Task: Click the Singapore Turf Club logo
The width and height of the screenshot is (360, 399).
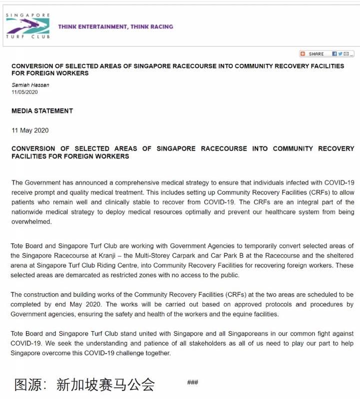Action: pyautogui.click(x=27, y=26)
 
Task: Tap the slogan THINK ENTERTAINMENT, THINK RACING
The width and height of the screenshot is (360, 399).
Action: pyautogui.click(x=115, y=27)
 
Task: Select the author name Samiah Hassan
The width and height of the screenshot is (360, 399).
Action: pyautogui.click(x=30, y=85)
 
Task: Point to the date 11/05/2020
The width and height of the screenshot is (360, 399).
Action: pyautogui.click(x=24, y=92)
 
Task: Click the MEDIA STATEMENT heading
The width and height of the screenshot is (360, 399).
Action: pyautogui.click(x=42, y=111)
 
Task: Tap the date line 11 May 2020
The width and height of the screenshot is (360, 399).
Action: pyautogui.click(x=30, y=131)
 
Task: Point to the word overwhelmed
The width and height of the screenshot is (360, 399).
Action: pyautogui.click(x=31, y=222)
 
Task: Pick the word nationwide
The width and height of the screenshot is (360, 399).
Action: pyautogui.click(x=30, y=212)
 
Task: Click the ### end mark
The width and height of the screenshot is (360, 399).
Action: pyautogui.click(x=192, y=383)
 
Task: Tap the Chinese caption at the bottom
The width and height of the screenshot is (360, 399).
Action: pyautogui.click(x=84, y=385)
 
